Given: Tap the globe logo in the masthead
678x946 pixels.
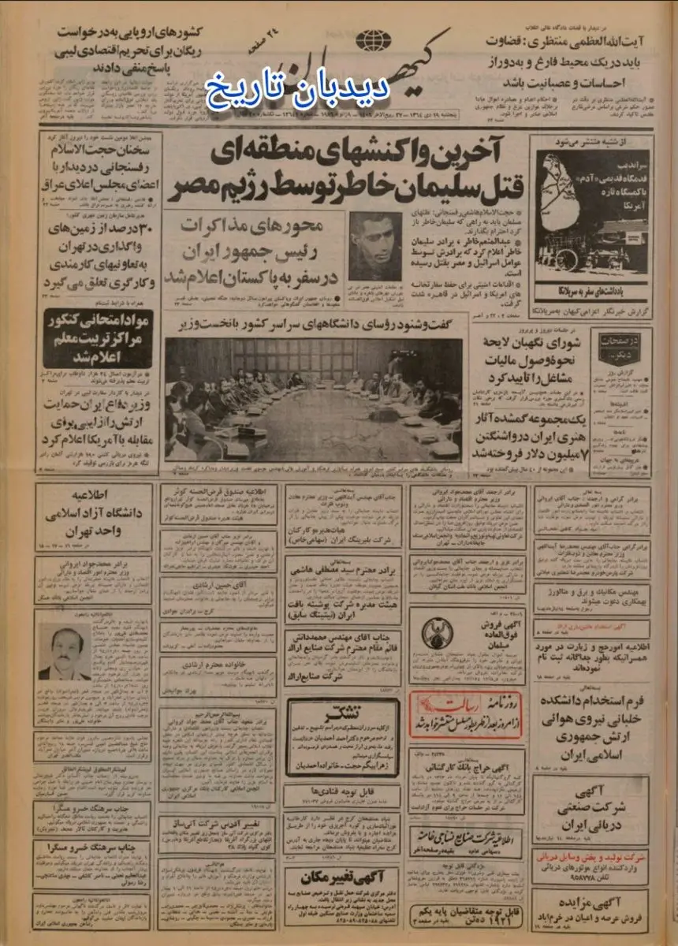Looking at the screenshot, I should (x=367, y=40).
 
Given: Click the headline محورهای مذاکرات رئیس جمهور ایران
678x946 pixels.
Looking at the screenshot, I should (x=251, y=250).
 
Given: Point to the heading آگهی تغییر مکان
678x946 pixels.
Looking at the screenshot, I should (x=341, y=875).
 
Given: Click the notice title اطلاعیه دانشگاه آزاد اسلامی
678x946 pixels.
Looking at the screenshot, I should (x=94, y=520).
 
